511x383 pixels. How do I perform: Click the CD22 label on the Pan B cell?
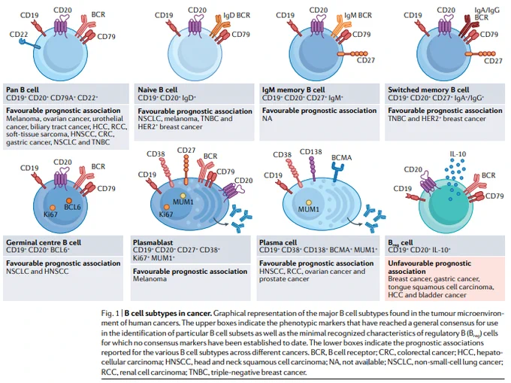[x=19, y=35]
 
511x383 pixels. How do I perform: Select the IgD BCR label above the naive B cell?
[x=237, y=15]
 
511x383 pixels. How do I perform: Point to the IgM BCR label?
[x=358, y=15]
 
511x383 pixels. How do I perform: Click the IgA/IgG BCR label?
[x=487, y=14]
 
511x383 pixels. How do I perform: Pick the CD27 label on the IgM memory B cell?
[x=366, y=60]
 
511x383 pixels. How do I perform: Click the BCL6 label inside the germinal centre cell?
[x=72, y=207]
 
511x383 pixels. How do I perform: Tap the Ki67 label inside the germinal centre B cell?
[x=50, y=214]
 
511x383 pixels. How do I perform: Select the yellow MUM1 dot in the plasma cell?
[x=308, y=203]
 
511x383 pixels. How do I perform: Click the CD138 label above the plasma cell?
[x=310, y=152]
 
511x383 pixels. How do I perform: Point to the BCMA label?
[x=341, y=157]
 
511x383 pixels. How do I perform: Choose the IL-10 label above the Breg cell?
[x=458, y=154]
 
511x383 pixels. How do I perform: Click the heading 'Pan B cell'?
[x=23, y=90]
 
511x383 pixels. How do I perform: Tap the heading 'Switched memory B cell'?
[x=428, y=90]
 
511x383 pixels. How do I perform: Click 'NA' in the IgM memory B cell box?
[x=267, y=118]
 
